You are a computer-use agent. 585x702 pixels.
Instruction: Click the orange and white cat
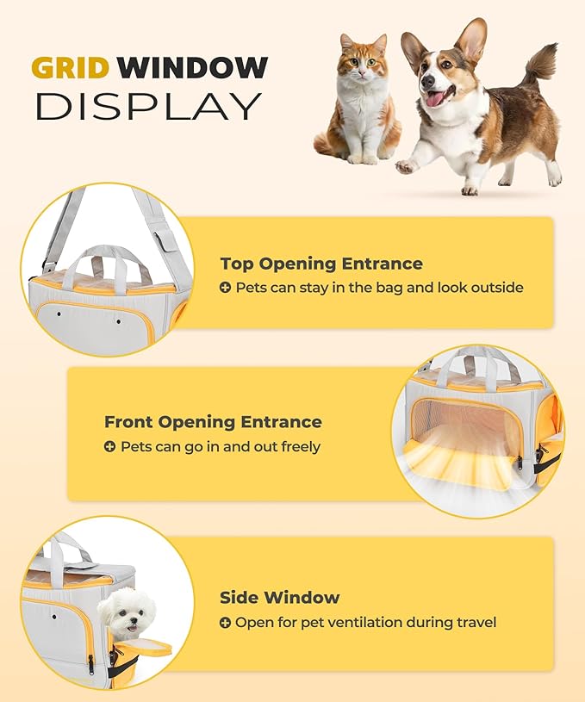click(358, 103)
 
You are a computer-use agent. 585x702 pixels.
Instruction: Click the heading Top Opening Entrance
click(321, 264)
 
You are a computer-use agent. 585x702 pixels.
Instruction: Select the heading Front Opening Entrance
click(213, 422)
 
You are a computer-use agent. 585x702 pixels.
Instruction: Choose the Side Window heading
click(279, 598)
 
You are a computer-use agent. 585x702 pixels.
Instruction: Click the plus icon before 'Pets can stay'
click(225, 288)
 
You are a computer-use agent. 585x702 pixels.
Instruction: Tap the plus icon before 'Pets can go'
click(109, 447)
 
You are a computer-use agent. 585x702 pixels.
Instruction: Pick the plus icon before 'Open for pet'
click(225, 623)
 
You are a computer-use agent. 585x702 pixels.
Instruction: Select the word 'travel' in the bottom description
click(475, 623)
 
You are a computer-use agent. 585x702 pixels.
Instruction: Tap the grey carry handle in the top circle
click(112, 258)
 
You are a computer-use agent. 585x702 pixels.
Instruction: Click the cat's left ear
click(347, 41)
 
